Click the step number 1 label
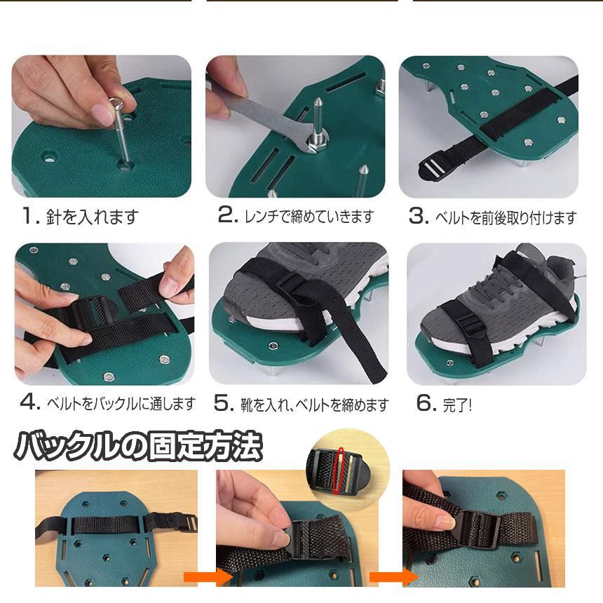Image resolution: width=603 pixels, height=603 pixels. [x=31, y=216]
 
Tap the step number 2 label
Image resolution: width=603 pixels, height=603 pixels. [x=228, y=215]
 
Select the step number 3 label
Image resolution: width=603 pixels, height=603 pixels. [x=419, y=216]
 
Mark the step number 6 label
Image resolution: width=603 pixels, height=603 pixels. [x=426, y=402]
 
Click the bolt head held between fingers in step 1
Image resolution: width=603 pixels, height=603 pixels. [x=115, y=104]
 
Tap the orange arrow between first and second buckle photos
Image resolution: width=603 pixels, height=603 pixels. [x=208, y=578]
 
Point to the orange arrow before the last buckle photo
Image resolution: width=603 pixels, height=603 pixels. [x=394, y=577]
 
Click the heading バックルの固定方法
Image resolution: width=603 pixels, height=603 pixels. [x=138, y=446]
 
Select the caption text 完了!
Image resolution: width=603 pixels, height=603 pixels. [x=457, y=405]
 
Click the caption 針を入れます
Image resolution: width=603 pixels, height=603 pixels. [x=93, y=217]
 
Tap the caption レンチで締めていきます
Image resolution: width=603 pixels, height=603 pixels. [x=309, y=216]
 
